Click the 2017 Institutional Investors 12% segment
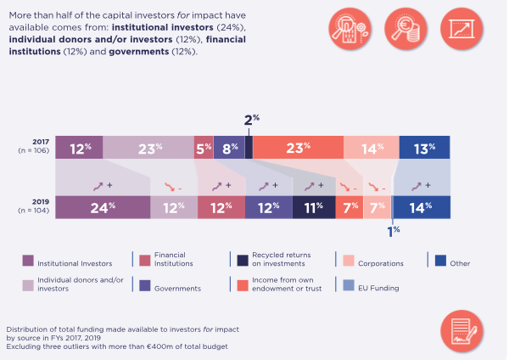(x=79, y=148)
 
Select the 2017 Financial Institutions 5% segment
(x=204, y=148)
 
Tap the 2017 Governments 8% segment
(x=229, y=148)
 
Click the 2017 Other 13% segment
(x=423, y=148)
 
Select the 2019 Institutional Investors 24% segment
(x=103, y=207)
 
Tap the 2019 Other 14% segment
(x=422, y=207)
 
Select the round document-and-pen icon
(x=461, y=333)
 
